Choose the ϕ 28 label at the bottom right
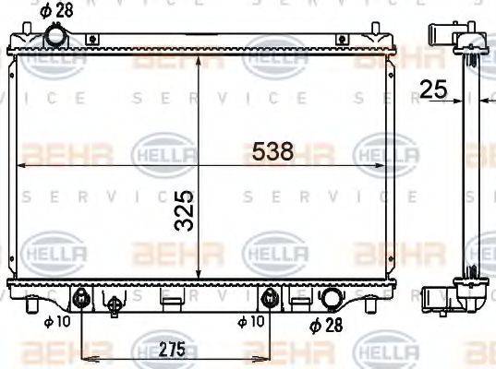pyautogui.click(x=326, y=326)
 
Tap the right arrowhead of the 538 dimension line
pyautogui.click(x=381, y=165)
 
